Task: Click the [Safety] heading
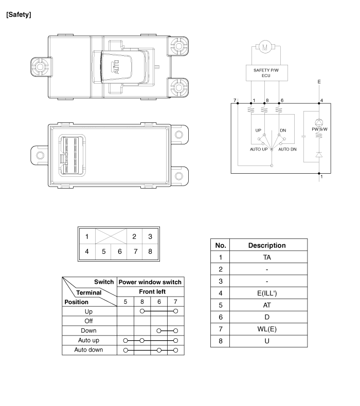tap(19, 15)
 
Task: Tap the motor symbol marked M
tap(265, 47)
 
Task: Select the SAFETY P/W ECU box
tap(267, 73)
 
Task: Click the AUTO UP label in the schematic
tap(259, 149)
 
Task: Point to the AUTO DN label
tap(287, 149)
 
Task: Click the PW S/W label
tap(319, 129)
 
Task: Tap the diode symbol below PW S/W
tap(319, 155)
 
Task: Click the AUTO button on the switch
tap(116, 67)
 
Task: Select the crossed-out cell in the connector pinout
tap(111, 236)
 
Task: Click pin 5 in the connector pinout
tap(103, 251)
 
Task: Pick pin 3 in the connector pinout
tap(150, 236)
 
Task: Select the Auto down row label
tap(88, 350)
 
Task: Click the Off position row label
tap(88, 321)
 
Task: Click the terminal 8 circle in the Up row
tap(142, 311)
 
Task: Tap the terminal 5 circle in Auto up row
tap(125, 341)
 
